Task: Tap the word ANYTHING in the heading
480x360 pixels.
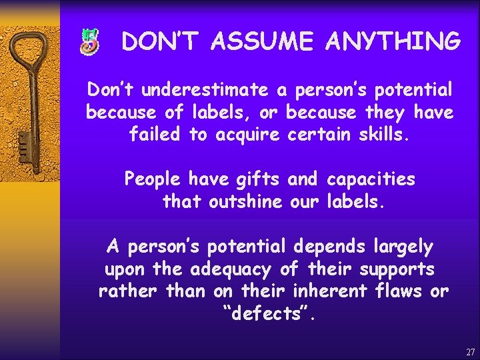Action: pos(393,42)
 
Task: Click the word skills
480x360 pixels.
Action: pos(383,135)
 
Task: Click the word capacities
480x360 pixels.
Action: pos(371,179)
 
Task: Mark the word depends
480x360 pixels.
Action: pos(328,247)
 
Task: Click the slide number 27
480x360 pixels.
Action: pos(470,351)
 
